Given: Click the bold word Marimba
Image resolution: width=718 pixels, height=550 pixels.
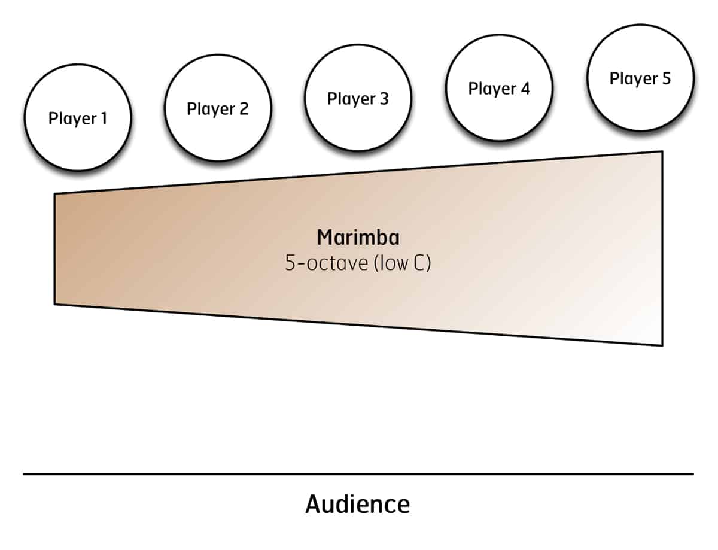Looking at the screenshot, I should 358,238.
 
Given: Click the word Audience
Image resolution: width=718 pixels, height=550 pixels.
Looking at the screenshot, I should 358,504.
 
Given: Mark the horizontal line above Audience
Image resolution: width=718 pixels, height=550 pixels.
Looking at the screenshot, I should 358,474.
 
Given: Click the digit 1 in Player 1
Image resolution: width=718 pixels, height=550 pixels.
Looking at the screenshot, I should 104,118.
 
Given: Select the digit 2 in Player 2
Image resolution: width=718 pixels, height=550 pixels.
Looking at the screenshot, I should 244,109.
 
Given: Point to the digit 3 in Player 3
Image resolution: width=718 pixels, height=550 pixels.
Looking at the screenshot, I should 384,99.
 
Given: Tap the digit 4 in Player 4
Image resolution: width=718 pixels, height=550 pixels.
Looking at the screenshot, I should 525,89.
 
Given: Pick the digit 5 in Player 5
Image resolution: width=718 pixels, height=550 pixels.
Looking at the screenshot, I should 666,78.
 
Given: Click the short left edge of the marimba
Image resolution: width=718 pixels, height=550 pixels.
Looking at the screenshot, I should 54,248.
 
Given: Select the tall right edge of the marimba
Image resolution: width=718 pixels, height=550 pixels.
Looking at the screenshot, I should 662,248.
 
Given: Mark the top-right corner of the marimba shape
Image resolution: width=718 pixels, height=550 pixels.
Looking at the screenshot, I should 662,152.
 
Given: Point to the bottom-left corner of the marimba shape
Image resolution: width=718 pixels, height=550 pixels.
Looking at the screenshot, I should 55,303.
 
